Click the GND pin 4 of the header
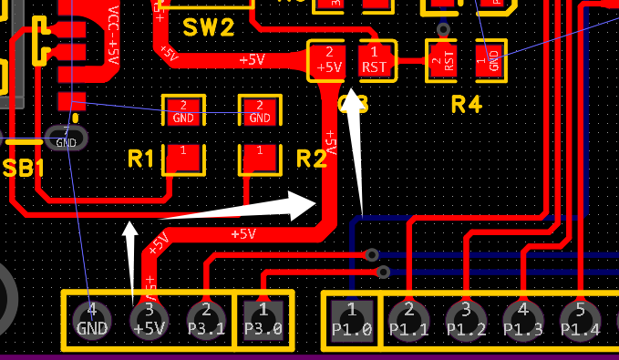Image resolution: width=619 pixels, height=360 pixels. [92, 320]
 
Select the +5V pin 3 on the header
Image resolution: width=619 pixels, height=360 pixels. [149, 320]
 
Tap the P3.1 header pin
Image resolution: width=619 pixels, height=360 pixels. [206, 320]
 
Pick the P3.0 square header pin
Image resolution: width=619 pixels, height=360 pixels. [263, 320]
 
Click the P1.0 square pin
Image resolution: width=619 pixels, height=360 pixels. [352, 320]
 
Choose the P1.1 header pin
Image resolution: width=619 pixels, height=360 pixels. [408, 320]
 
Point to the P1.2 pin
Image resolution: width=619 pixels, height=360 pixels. [465, 320]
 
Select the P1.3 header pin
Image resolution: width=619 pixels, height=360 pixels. [522, 320]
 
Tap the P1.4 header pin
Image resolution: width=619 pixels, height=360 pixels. [579, 320]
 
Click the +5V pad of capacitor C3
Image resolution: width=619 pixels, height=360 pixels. [327, 60]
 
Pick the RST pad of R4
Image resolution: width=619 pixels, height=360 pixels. [442, 60]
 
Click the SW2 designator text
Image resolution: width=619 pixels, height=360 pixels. [208, 26]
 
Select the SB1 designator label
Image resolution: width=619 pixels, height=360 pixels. [23, 169]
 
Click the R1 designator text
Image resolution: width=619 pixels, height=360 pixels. [141, 159]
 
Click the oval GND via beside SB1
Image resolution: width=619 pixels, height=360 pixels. [67, 139]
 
